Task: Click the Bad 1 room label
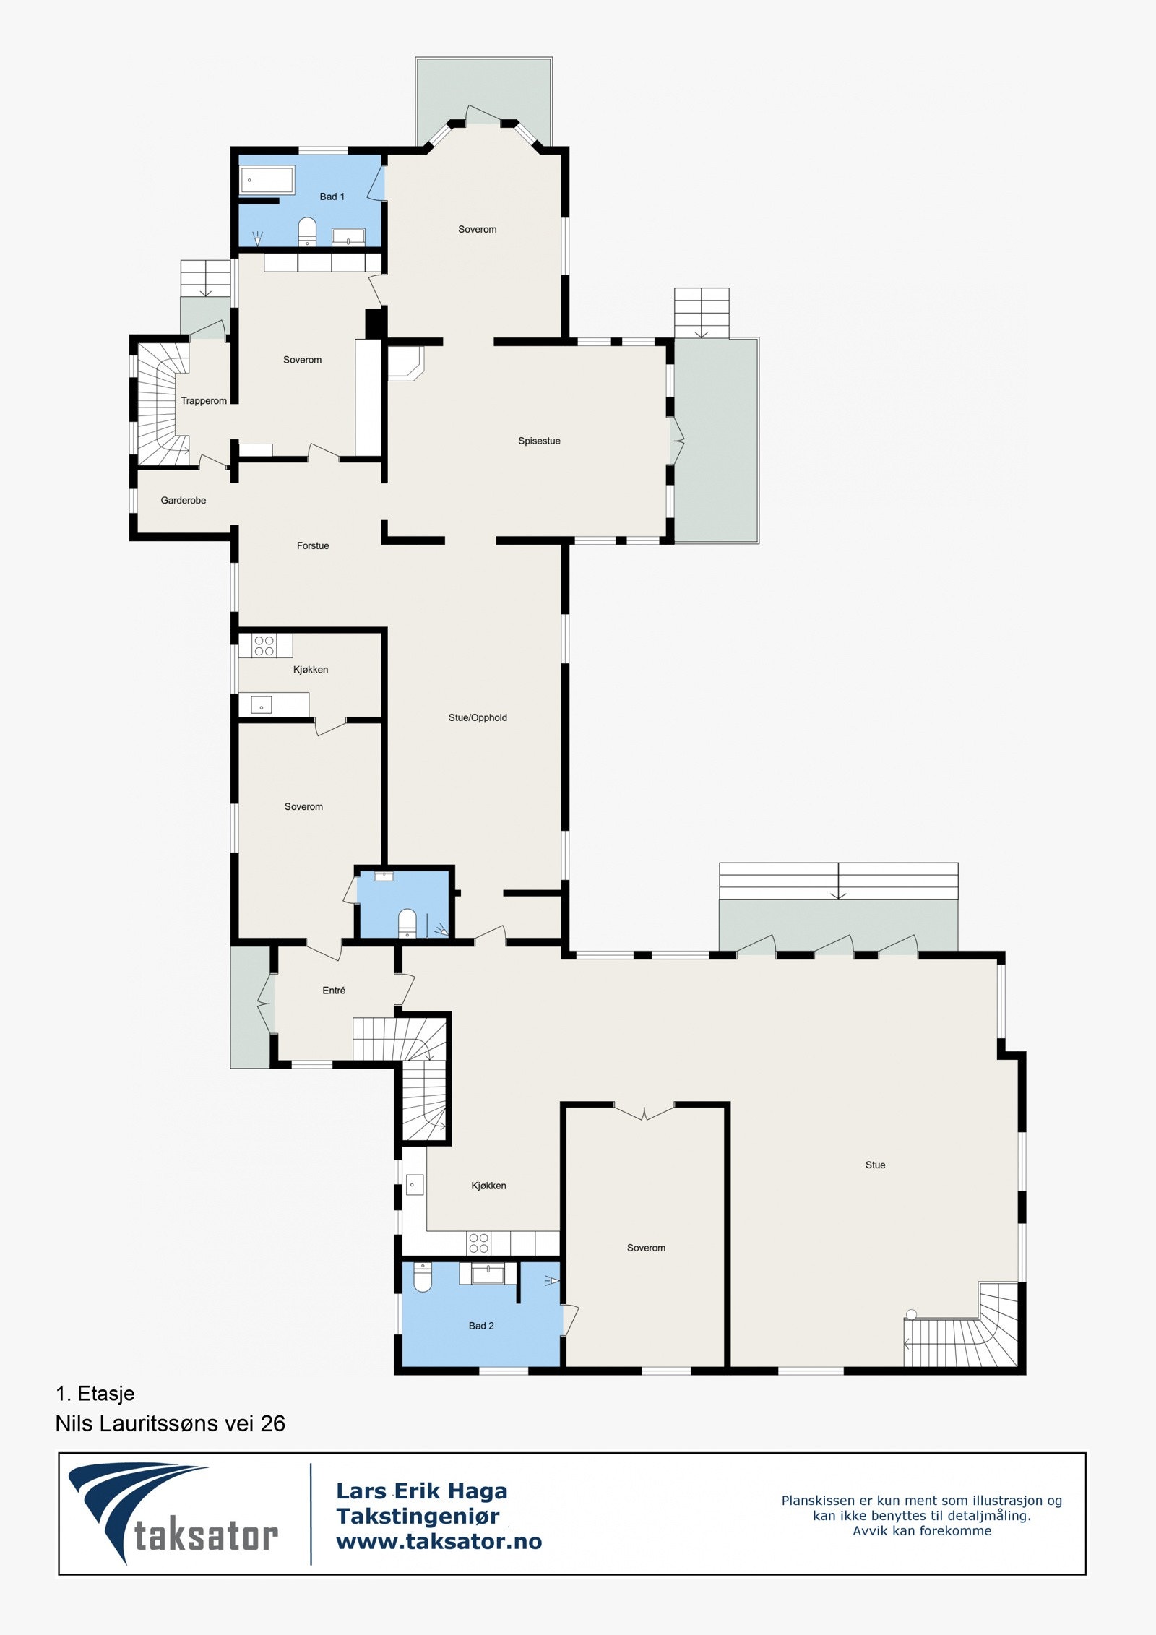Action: point(332,197)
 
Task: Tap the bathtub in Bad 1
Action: point(267,181)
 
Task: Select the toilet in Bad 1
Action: point(308,231)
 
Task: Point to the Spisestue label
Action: point(539,441)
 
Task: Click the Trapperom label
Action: point(204,401)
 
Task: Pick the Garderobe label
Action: point(184,500)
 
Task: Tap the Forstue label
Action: point(313,545)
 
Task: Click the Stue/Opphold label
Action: point(478,717)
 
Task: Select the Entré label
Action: point(334,991)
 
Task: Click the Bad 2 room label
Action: point(481,1326)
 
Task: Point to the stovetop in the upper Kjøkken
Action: point(264,645)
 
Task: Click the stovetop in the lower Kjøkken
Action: point(478,1243)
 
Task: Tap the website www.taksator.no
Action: point(439,1542)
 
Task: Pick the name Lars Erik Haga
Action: point(422,1491)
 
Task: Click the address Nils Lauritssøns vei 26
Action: point(171,1423)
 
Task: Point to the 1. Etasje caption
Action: point(95,1394)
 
